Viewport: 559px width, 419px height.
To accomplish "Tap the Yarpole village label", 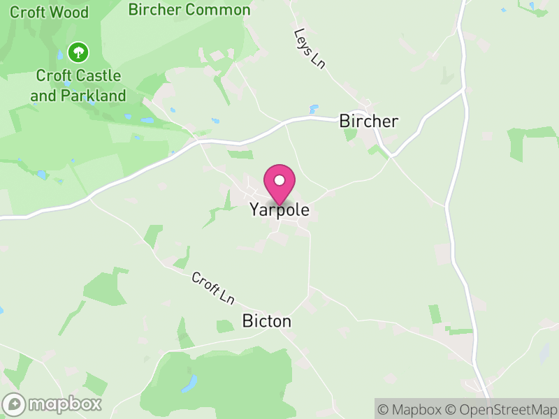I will click(279, 209).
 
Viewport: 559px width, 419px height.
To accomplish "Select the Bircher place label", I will click(368, 121).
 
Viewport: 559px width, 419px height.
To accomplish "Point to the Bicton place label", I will click(266, 321).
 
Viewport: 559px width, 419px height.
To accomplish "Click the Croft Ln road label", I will click(213, 288).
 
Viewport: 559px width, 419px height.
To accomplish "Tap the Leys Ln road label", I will click(310, 48).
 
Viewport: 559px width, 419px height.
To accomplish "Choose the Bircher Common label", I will click(189, 10).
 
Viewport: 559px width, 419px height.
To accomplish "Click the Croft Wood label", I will click(49, 12).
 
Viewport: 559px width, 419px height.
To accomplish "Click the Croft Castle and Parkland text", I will click(78, 86).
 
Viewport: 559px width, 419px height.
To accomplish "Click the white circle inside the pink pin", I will click(279, 180).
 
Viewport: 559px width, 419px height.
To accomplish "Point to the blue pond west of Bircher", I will click(314, 109).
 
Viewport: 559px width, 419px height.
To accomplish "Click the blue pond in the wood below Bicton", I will click(189, 383).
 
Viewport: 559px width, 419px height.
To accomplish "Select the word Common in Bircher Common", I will click(218, 10).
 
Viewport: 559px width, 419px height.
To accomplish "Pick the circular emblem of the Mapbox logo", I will click(14, 404).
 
